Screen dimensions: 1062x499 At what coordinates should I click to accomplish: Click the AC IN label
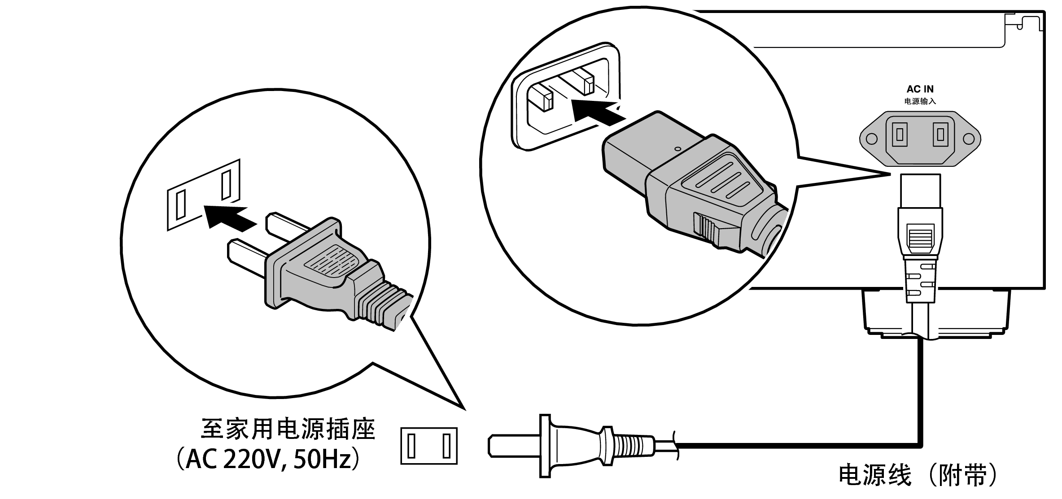click(x=920, y=89)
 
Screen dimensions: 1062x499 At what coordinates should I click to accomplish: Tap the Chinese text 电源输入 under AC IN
click(x=920, y=101)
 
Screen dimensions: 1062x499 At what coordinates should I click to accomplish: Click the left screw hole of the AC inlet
click(x=872, y=139)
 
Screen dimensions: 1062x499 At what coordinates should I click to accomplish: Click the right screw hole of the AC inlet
click(x=969, y=139)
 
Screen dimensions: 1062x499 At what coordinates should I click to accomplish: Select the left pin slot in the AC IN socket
click(x=899, y=135)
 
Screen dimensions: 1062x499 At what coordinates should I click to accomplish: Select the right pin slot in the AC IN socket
click(x=940, y=135)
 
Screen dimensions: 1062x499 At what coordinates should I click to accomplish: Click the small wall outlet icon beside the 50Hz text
click(x=429, y=446)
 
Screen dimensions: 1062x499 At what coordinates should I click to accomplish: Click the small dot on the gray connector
click(x=678, y=148)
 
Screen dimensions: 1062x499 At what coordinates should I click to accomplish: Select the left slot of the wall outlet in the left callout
click(x=181, y=204)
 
